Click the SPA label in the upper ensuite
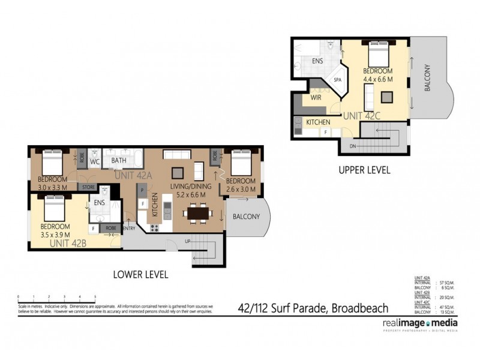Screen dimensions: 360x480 coord(337,79)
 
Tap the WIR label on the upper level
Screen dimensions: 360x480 coord(316,97)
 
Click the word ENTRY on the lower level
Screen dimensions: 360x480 coord(129,228)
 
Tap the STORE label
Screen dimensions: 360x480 coord(88,187)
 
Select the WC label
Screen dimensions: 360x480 coord(94,162)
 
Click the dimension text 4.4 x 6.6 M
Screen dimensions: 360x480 coord(377,79)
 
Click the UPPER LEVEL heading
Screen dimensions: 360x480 coord(364,170)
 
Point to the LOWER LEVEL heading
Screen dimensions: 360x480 coord(140,275)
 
